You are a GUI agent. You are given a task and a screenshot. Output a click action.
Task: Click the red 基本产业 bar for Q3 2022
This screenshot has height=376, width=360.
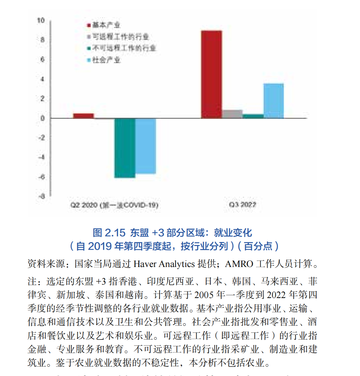pyautogui.click(x=211, y=74)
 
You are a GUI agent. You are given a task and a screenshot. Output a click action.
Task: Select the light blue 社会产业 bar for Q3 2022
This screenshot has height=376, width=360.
pyautogui.click(x=273, y=101)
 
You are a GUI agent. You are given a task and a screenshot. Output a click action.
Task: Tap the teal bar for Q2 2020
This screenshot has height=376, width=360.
pyautogui.click(x=125, y=148)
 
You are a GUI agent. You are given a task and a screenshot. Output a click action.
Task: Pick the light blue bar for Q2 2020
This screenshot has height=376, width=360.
pyautogui.click(x=146, y=146)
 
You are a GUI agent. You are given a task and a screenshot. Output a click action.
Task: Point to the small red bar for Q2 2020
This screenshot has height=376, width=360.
pyautogui.click(x=83, y=116)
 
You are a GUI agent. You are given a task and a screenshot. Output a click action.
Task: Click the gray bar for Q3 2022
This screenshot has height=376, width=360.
pyautogui.click(x=232, y=114)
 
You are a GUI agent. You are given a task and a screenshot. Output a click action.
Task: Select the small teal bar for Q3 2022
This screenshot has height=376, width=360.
pyautogui.click(x=253, y=116)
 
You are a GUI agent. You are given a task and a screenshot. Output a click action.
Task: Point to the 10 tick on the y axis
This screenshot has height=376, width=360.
pyautogui.click(x=41, y=21)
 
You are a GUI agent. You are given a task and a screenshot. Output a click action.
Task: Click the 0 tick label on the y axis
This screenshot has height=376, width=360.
pyautogui.click(x=42, y=118)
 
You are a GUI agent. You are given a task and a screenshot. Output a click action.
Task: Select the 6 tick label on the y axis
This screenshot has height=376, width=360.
pyautogui.click(x=42, y=60)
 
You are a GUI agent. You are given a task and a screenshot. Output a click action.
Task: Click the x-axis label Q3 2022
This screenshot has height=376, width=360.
pyautogui.click(x=242, y=205)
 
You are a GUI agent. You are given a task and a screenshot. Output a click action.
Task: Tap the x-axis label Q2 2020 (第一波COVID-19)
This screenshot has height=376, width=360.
pyautogui.click(x=114, y=205)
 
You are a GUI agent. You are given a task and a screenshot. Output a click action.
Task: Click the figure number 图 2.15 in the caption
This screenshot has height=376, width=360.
pyautogui.click(x=109, y=233)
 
